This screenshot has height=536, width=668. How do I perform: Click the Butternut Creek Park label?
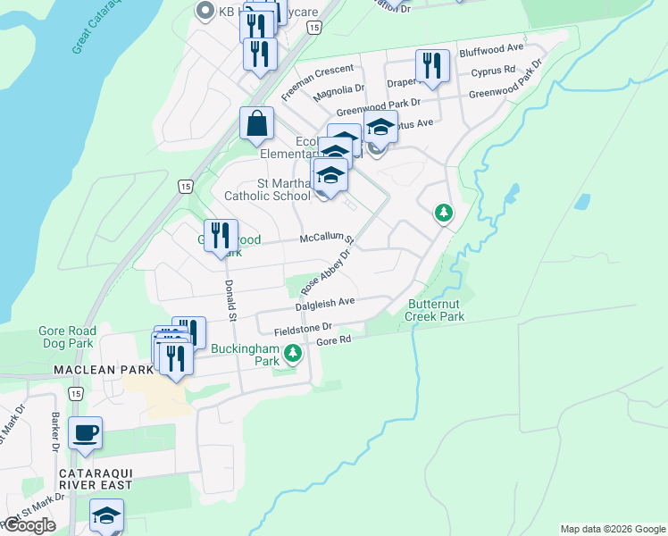pyautogui.click(x=435, y=310)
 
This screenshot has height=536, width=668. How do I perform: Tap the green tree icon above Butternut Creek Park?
pyautogui.click(x=443, y=213)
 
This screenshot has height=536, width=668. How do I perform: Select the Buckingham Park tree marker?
pyautogui.click(x=292, y=355)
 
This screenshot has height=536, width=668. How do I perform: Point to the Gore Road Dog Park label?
pyautogui.click(x=66, y=337)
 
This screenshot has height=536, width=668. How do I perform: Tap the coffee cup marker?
pyautogui.click(x=86, y=434)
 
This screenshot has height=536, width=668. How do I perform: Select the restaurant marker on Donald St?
pyautogui.click(x=221, y=237)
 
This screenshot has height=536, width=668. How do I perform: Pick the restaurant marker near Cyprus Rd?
pyautogui.click(x=432, y=66)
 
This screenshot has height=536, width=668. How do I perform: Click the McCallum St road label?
pyautogui.click(x=327, y=239)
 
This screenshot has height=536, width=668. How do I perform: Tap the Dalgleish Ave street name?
pyautogui.click(x=327, y=302)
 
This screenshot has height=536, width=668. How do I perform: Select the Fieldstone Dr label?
pyautogui.click(x=303, y=328)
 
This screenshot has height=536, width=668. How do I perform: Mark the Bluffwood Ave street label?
pyautogui.click(x=491, y=49)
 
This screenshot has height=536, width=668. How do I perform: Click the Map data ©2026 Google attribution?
pyautogui.click(x=613, y=529)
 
